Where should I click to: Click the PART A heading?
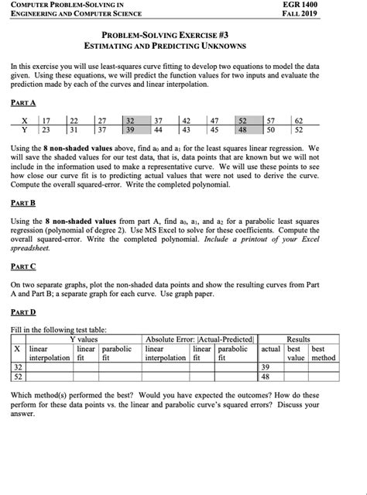22,102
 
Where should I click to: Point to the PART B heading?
22,203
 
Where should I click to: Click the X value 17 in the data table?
46,120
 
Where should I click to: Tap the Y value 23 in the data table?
46,129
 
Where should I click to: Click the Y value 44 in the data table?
158,129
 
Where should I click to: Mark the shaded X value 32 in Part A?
130,120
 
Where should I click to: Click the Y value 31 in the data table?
74,129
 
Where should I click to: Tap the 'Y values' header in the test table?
83,339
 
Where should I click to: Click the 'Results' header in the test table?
298,339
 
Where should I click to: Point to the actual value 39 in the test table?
266,366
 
